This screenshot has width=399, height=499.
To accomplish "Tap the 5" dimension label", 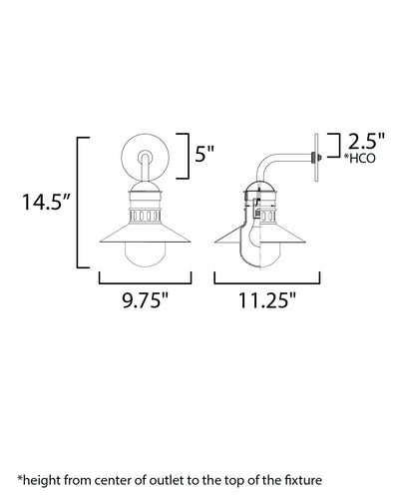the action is point(204,154).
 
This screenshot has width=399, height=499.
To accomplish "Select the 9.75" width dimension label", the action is point(146,300).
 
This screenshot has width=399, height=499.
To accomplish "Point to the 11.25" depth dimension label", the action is point(267,300).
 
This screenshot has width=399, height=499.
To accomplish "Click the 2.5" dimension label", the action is point(366,141).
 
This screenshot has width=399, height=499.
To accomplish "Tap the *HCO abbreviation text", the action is point(359,159).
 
